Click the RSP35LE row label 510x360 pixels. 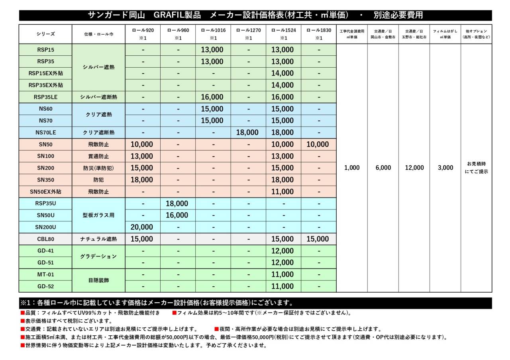[x=45, y=97]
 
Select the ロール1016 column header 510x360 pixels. [x=213, y=34]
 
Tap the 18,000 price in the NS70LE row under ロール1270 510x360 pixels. [x=248, y=132]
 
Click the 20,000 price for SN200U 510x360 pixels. [x=142, y=227]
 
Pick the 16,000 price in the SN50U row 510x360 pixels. [x=177, y=215]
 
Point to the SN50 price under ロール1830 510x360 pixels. [x=318, y=144]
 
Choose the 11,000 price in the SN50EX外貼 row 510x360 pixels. [x=282, y=192]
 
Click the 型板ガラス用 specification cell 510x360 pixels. [x=98, y=215]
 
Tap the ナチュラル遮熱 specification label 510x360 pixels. [x=98, y=239]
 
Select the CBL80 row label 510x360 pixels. [x=45, y=239]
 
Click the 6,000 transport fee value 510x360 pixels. [x=383, y=168]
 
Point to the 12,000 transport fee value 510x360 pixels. [x=414, y=168]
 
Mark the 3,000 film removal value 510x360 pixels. [x=445, y=168]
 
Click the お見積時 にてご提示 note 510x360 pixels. [x=477, y=168]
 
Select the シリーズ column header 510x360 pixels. [x=45, y=34]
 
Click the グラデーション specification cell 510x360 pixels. [x=98, y=256]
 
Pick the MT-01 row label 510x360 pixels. [x=45, y=274]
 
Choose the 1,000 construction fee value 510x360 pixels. [x=352, y=168]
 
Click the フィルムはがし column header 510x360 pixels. [x=445, y=34]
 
